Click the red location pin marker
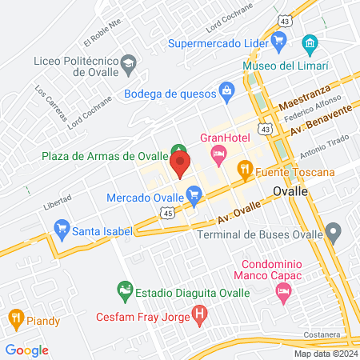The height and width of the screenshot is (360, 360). click(180, 166)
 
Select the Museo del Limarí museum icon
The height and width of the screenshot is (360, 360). click(309, 42)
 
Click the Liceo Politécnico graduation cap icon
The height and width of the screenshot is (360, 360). click(127, 62)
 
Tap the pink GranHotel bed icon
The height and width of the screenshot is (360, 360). click(216, 152)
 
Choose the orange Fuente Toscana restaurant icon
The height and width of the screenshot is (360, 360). click(245, 169)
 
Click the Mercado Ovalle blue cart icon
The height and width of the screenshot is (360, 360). click(193, 193)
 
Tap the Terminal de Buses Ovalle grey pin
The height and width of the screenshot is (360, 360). click(334, 234)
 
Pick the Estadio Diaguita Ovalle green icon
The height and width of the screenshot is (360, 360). click(124, 288)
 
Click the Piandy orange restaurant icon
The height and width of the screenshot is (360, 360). click(15, 318)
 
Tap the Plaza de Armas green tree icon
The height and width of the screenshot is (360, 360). click(178, 150)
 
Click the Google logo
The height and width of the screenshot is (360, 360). click(26, 350)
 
